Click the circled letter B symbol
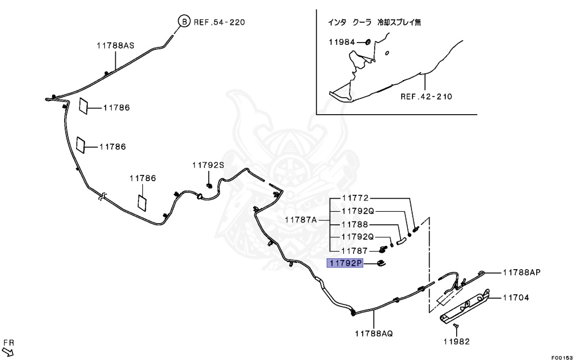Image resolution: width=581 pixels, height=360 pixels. [x=184, y=22]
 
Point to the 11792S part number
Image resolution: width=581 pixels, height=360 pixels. [x=208, y=165]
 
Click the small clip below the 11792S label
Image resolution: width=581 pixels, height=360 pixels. [x=209, y=185]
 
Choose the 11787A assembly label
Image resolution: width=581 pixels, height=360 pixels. [x=301, y=220]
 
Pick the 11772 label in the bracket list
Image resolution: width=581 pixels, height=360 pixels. [x=355, y=198]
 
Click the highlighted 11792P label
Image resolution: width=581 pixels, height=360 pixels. [x=344, y=263]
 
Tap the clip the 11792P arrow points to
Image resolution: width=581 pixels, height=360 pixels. [x=381, y=262]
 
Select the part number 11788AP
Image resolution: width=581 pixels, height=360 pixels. [x=521, y=272]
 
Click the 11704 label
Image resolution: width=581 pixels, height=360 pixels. [x=515, y=297]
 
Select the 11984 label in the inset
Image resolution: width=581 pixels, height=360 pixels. [x=342, y=42]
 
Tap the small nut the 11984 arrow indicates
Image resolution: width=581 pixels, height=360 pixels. [x=368, y=42]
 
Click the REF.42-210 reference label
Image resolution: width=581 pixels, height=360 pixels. [x=426, y=97]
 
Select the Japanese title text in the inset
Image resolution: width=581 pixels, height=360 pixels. [x=374, y=23]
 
